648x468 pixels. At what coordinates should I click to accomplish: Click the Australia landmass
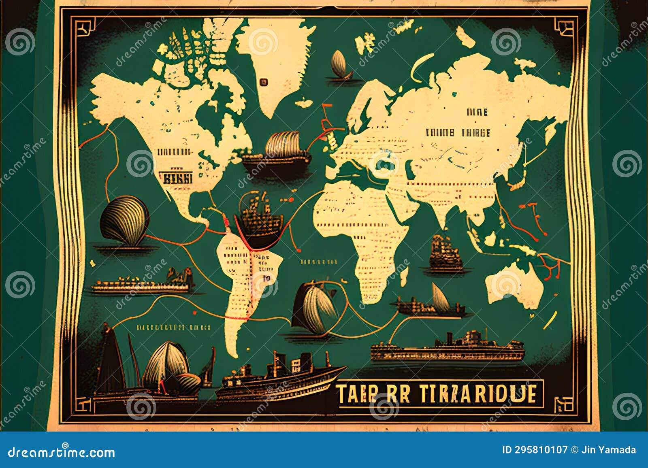514,283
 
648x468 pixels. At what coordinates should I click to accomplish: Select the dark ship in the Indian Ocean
446,253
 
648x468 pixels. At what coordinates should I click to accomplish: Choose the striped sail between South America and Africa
314,308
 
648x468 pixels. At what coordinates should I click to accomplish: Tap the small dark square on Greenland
264,82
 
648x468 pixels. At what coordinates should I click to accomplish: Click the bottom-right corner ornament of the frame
565,405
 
